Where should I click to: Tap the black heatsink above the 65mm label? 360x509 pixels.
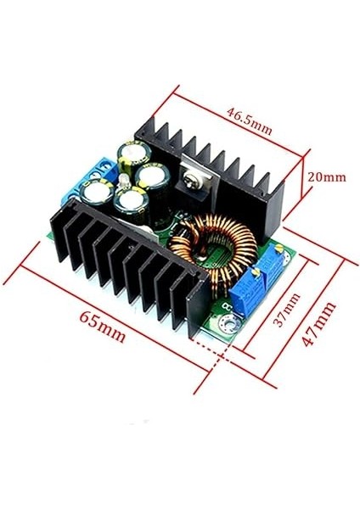[127, 263]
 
